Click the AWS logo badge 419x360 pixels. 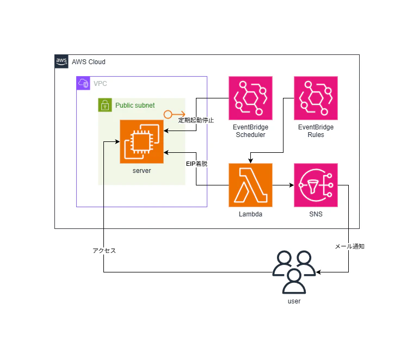[61, 61]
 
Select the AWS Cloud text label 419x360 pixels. [89, 62]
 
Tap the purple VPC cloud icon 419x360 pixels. [83, 83]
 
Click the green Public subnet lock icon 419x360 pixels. [105, 105]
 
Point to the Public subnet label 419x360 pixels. [135, 105]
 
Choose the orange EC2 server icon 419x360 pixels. [141, 141]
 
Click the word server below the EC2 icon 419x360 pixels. [141, 171]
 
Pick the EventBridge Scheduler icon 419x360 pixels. [250, 98]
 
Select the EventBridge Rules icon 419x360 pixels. [316, 98]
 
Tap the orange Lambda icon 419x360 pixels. [250, 185]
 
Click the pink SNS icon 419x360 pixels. [316, 185]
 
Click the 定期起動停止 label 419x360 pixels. [196, 120]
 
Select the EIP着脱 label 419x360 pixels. [196, 164]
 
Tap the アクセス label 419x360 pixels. [104, 251]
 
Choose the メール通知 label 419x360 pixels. [349, 246]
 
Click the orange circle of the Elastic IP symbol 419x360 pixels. [168, 115]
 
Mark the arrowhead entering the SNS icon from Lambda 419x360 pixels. [292, 185]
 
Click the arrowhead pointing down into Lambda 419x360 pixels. [250, 161]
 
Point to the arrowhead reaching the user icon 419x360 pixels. [318, 272]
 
